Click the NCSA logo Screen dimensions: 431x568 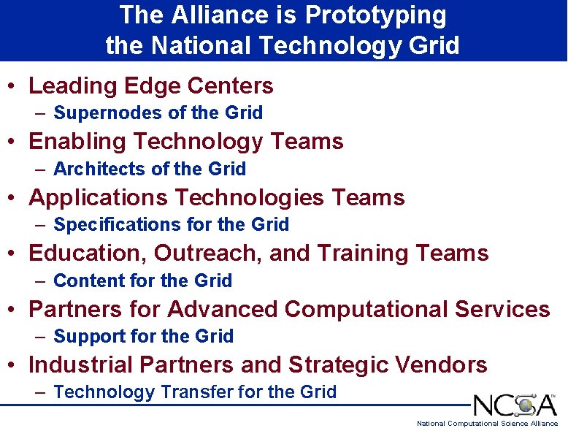[x=515, y=405]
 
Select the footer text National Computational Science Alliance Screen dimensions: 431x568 [x=487, y=424]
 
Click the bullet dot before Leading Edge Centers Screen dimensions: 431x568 [x=13, y=87]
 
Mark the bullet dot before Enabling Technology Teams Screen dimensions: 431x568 [x=13, y=142]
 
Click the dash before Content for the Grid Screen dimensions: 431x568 [x=40, y=281]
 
